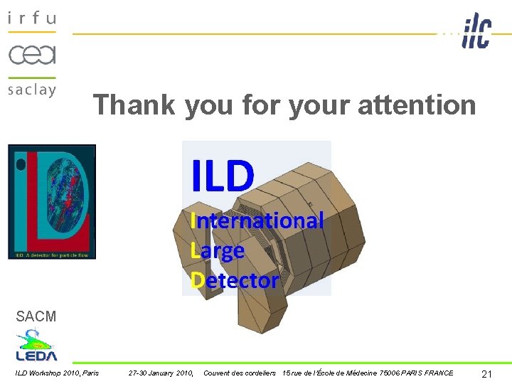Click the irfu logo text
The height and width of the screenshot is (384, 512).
click(x=32, y=18)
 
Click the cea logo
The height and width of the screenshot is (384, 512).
click(x=32, y=54)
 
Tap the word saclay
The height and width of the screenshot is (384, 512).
click(x=32, y=90)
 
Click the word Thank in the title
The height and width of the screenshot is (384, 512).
click(x=134, y=105)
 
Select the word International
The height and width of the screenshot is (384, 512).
click(x=257, y=220)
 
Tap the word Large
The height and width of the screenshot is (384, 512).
click(x=218, y=250)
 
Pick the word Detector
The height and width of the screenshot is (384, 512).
click(x=235, y=280)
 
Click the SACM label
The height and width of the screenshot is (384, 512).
click(x=36, y=316)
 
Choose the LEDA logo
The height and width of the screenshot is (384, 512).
click(x=36, y=346)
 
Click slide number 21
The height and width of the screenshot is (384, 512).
click(x=487, y=374)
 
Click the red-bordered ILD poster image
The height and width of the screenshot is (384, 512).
click(x=51, y=201)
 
